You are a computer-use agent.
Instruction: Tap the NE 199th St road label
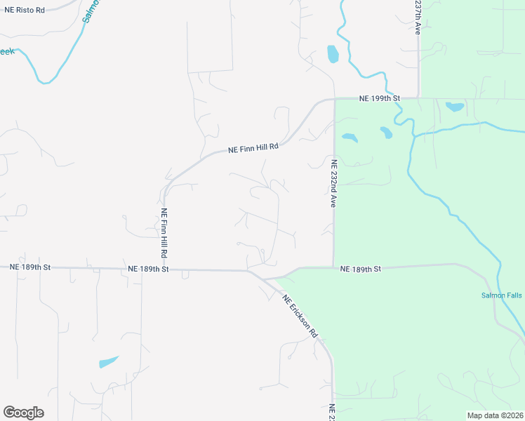coord(379,98)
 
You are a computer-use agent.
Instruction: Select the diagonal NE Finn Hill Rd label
coord(254,149)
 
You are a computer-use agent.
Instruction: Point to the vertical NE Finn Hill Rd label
coord(164,232)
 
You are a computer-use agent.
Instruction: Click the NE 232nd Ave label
coord(335,182)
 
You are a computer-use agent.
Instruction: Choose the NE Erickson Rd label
coord(300,316)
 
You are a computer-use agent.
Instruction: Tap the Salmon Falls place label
coord(501,295)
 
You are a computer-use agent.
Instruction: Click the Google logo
coord(23,413)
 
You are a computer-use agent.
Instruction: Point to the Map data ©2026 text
coord(495,415)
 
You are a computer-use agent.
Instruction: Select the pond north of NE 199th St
coord(333,53)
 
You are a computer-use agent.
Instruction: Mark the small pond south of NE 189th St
coord(108,362)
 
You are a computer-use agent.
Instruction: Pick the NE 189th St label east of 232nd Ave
coord(360,269)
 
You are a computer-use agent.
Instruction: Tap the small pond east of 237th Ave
coord(455,107)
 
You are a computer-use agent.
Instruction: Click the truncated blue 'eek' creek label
coord(7,51)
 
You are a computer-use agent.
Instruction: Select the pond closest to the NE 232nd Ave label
coord(348,138)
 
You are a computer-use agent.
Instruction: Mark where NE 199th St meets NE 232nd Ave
coord(334,99)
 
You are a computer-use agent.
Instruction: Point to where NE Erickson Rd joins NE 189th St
coord(248,270)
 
